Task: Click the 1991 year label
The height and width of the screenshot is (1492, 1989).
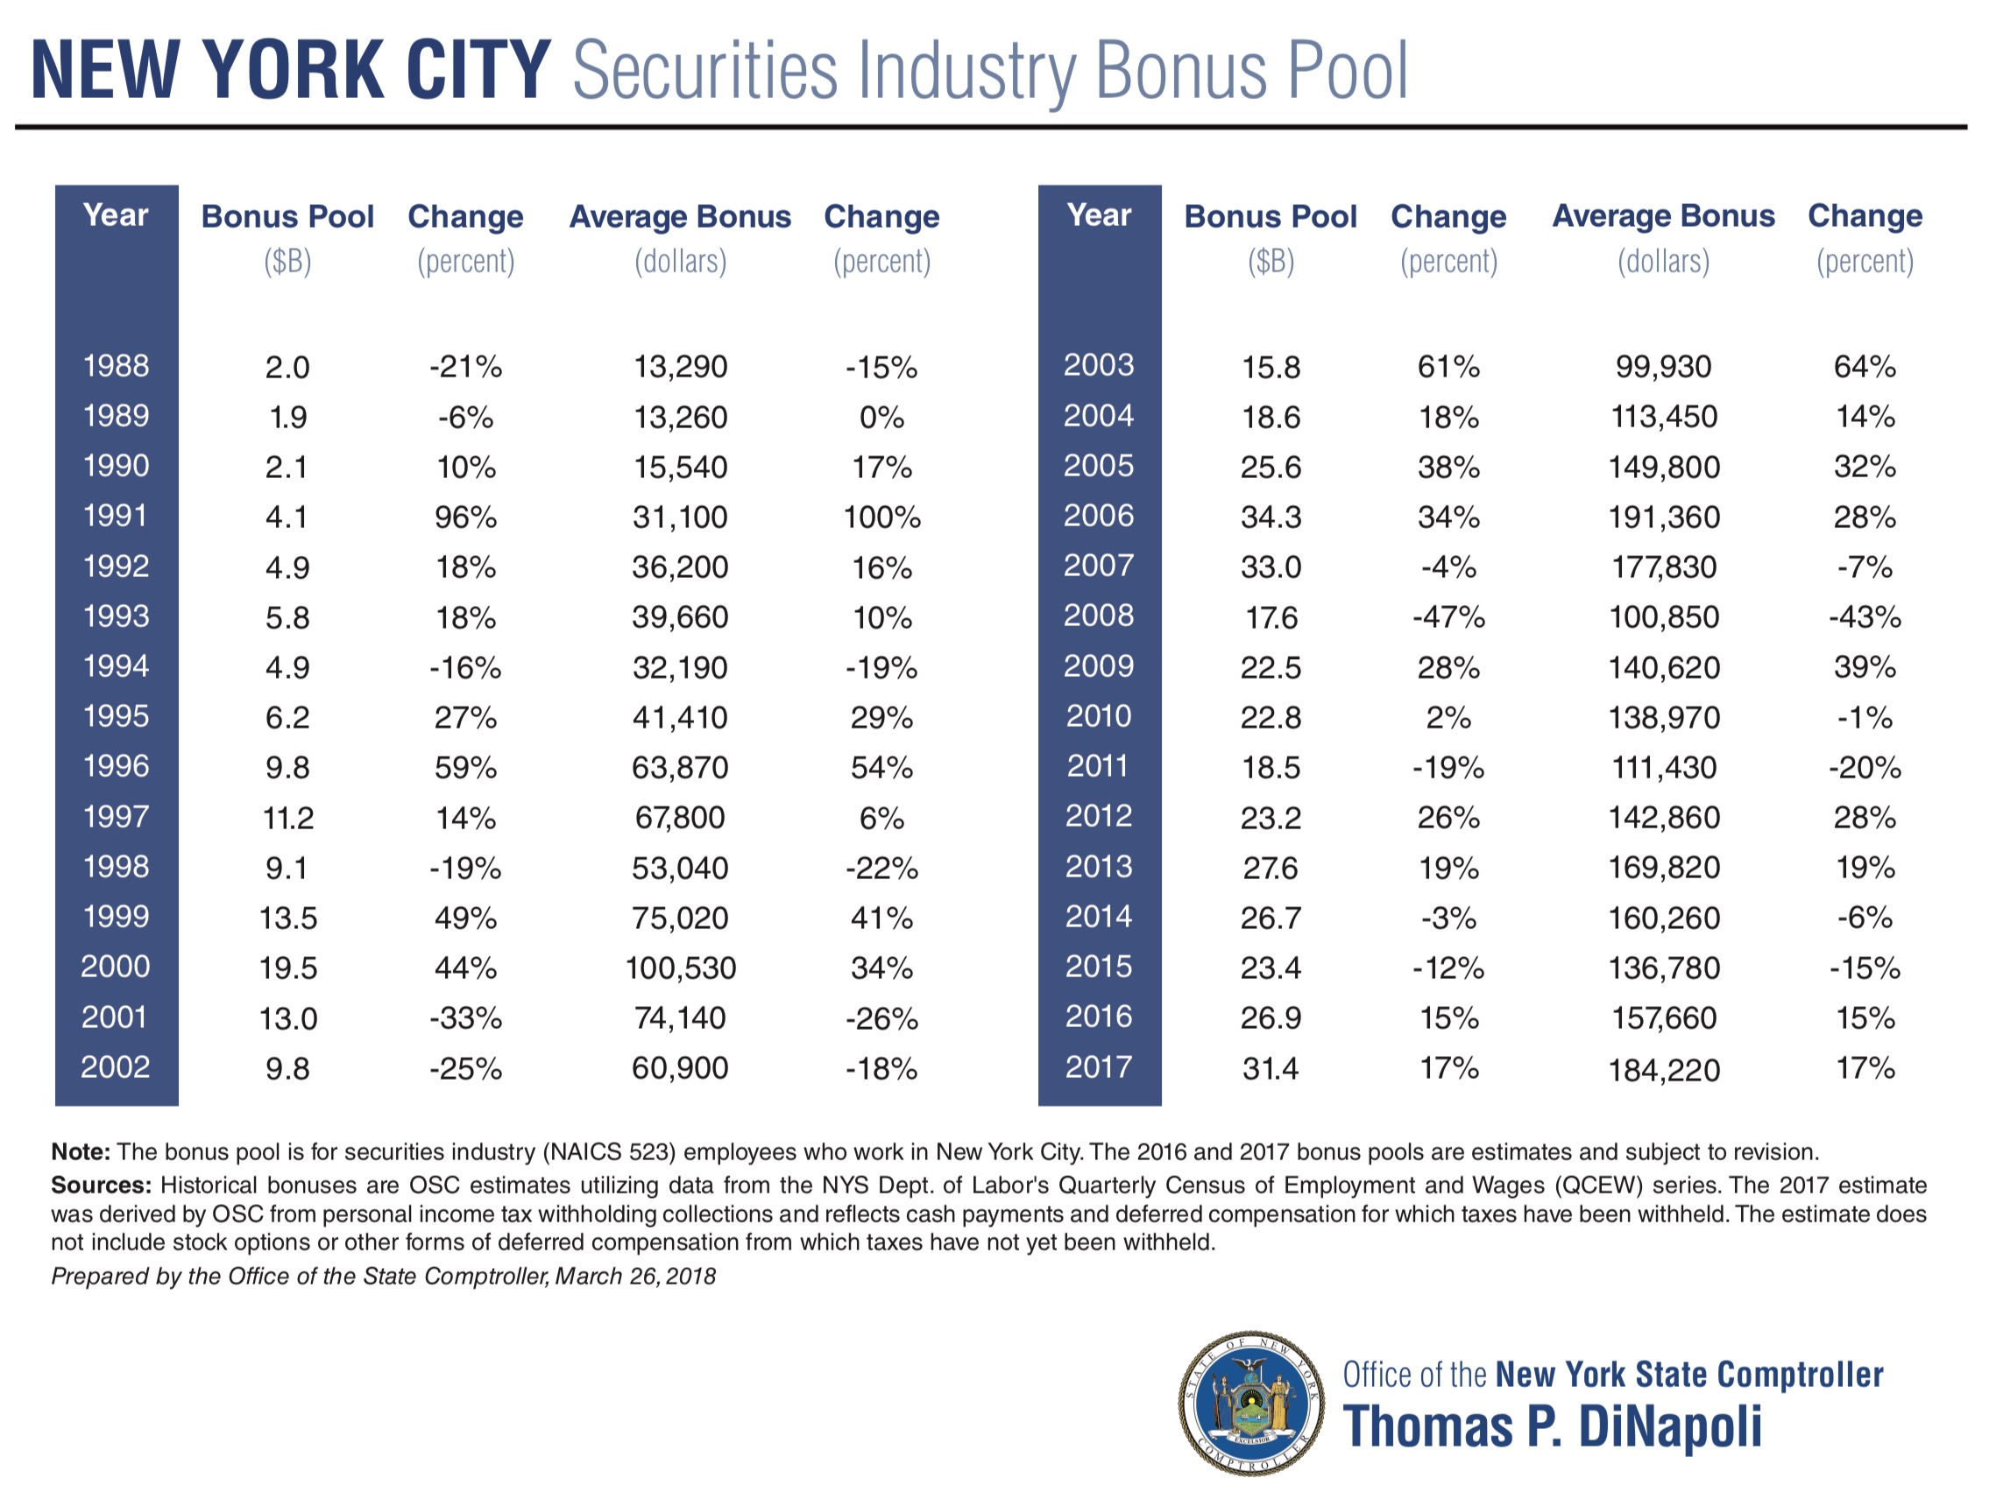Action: point(115,516)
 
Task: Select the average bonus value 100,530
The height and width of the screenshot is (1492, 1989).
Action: point(681,968)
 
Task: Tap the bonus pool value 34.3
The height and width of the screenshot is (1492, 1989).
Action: point(1271,517)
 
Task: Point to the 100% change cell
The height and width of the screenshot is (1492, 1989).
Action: point(881,517)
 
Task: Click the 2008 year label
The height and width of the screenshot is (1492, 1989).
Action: point(1099,616)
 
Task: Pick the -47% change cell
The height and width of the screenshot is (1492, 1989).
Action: point(1448,617)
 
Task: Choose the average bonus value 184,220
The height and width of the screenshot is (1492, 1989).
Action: point(1664,1070)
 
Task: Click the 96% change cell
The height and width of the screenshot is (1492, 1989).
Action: point(465,517)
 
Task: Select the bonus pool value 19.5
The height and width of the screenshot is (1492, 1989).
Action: point(287,968)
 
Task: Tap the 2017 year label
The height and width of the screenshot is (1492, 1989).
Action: point(1099,1066)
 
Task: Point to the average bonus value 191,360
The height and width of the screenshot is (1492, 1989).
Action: point(1664,517)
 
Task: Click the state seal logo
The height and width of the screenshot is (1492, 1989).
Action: point(1250,1403)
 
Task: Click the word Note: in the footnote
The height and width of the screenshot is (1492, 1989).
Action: point(81,1152)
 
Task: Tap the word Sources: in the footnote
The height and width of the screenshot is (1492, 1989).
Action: point(101,1186)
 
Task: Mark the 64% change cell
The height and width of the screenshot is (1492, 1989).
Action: point(1865,367)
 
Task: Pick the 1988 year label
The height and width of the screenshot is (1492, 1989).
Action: point(115,366)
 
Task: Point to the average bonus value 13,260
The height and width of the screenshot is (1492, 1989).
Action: point(681,417)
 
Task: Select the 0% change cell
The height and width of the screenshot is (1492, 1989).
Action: point(881,417)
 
